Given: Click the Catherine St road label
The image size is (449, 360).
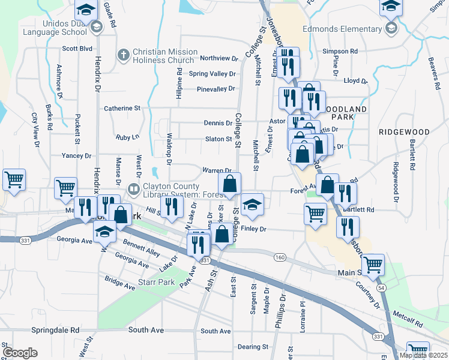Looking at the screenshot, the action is click(x=122, y=109).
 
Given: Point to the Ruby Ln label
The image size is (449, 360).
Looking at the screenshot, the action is click(x=127, y=137).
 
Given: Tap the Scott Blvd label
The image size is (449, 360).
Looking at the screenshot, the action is click(x=77, y=49).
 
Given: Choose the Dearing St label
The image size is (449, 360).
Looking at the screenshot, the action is click(x=253, y=347).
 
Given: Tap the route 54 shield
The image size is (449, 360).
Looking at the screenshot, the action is click(x=381, y=288).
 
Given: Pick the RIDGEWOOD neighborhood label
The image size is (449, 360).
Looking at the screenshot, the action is click(x=405, y=131).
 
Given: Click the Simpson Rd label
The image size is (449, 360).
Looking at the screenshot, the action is click(x=340, y=52).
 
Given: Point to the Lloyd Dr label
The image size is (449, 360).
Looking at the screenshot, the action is click(x=355, y=80).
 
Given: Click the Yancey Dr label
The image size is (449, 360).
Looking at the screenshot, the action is click(x=76, y=155).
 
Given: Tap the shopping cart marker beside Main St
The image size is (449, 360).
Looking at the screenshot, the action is click(x=373, y=263).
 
